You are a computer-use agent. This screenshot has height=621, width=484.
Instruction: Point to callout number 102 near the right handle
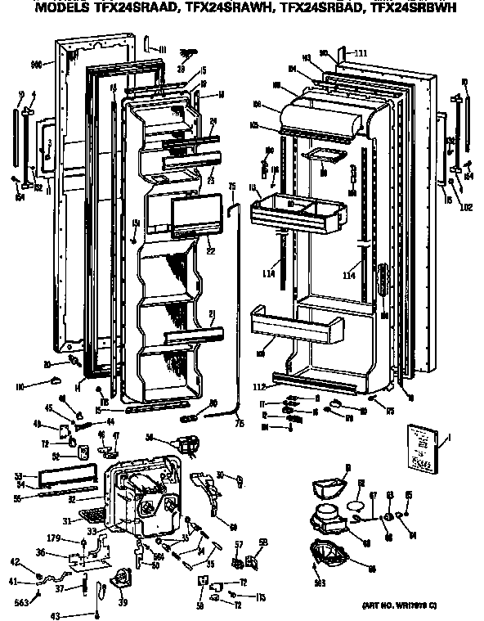[x=466, y=208]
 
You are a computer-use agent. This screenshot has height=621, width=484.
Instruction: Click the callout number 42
[x=14, y=560]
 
